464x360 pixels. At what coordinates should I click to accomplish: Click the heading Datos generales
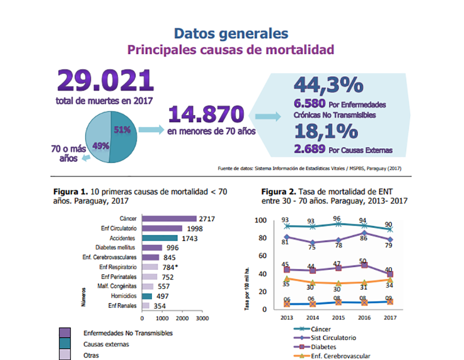click(231, 34)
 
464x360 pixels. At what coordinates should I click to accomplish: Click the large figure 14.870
click(206, 114)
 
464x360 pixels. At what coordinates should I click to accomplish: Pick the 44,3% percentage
click(328, 86)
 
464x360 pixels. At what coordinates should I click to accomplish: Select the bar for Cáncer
click(169, 218)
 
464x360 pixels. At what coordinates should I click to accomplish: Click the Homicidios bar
click(147, 296)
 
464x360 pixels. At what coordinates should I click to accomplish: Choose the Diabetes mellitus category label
click(115, 247)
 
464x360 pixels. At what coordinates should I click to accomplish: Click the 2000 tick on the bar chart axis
click(181, 318)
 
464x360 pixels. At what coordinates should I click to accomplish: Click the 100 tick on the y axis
click(261, 220)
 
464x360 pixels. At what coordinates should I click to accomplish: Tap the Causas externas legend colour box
click(65, 344)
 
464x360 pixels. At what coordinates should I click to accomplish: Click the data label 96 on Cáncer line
click(337, 219)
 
